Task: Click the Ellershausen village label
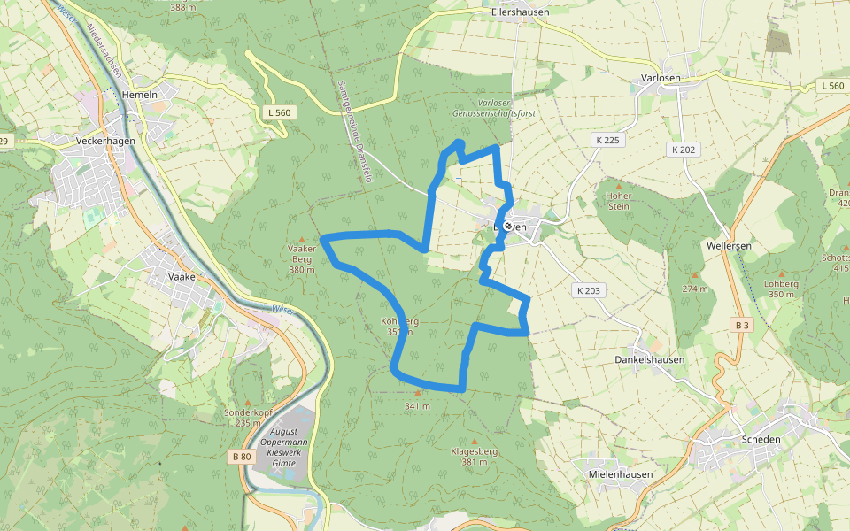[x=520, y=12]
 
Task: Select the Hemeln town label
[x=141, y=95]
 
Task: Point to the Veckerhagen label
[x=104, y=141]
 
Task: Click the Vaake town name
[x=181, y=276]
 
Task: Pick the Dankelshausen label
[x=650, y=360]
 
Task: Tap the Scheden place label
[x=761, y=439]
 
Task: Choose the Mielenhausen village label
[x=621, y=474]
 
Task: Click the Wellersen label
[x=729, y=245]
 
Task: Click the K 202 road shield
[x=683, y=150]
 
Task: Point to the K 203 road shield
[x=588, y=290]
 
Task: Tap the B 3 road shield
[x=742, y=326]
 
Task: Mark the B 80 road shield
[x=240, y=457]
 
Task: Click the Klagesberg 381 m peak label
[x=475, y=457]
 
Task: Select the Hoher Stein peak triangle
[x=618, y=185]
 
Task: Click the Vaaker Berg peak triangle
[x=302, y=239]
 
